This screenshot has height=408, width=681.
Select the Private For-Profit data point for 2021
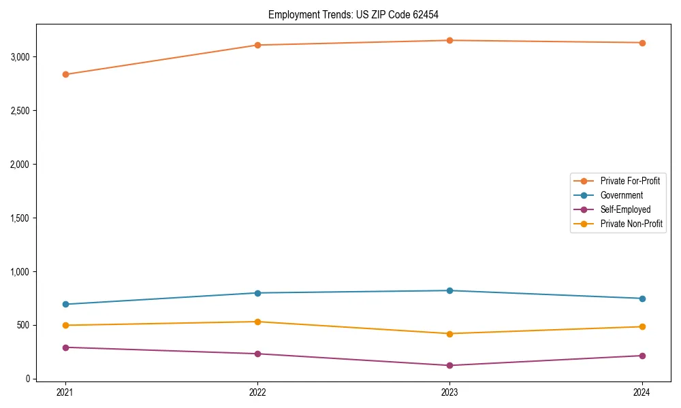[x=65, y=74]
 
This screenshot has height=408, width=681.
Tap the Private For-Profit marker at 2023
[x=449, y=41]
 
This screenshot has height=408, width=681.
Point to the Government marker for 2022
[x=257, y=293]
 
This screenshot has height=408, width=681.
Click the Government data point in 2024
[x=642, y=299]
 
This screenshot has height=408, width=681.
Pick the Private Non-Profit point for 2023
[x=449, y=334]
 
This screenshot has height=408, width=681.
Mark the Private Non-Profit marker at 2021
[x=65, y=325]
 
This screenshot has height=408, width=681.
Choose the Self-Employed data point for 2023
[x=449, y=366]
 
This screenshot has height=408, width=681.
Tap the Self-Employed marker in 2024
[x=642, y=356]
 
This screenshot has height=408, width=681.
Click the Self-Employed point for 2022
[x=257, y=354]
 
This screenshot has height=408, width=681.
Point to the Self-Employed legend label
[x=625, y=209]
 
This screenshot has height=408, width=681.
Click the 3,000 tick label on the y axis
[x=20, y=57]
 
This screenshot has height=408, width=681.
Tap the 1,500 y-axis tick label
[x=20, y=218]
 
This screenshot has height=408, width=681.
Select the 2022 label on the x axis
[x=257, y=392]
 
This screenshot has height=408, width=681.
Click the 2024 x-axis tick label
[x=642, y=392]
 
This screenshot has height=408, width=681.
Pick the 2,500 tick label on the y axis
[x=20, y=111]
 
